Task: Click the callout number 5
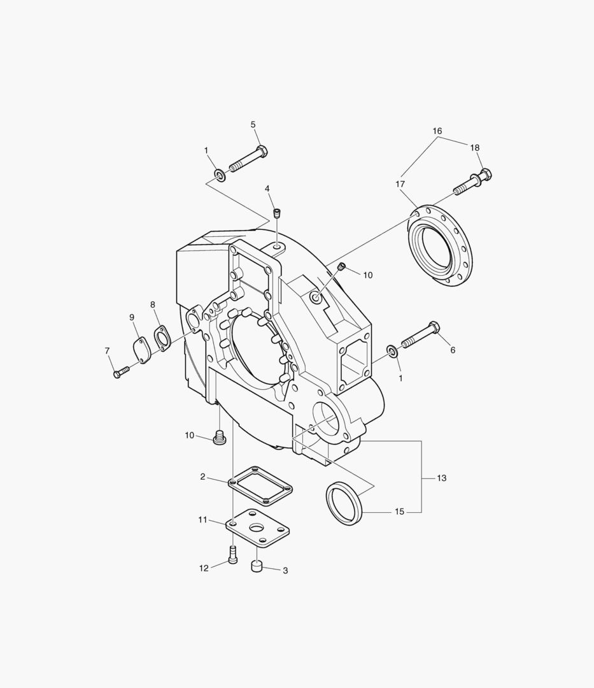pos(253,125)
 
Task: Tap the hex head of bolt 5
pos(262,152)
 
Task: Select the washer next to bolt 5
pos(220,175)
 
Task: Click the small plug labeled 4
pos(276,213)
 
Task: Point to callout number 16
pos(437,131)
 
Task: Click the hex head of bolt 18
pos(485,174)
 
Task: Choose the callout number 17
pos(400,184)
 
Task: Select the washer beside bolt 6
pos(392,350)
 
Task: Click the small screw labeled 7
pos(120,372)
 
